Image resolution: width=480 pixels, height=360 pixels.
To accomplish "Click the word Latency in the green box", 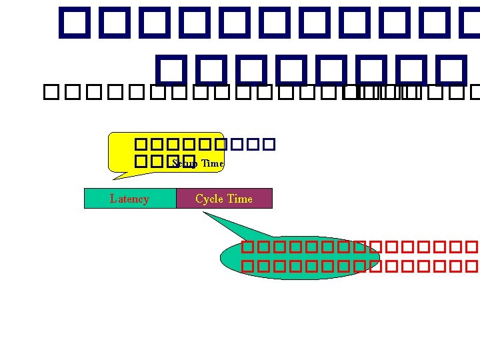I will tap(129, 199).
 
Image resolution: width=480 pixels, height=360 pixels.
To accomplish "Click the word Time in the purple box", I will tap(240, 199).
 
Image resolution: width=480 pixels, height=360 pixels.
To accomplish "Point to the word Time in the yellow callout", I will tap(213, 163).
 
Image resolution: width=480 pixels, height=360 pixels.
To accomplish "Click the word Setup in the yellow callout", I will tap(185, 163).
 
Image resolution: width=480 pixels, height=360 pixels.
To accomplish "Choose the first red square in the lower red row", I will tap(248, 267).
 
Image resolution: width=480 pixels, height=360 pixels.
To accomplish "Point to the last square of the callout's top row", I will tap(269, 144).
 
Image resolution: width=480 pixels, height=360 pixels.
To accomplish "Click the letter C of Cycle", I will tap(199, 199).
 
